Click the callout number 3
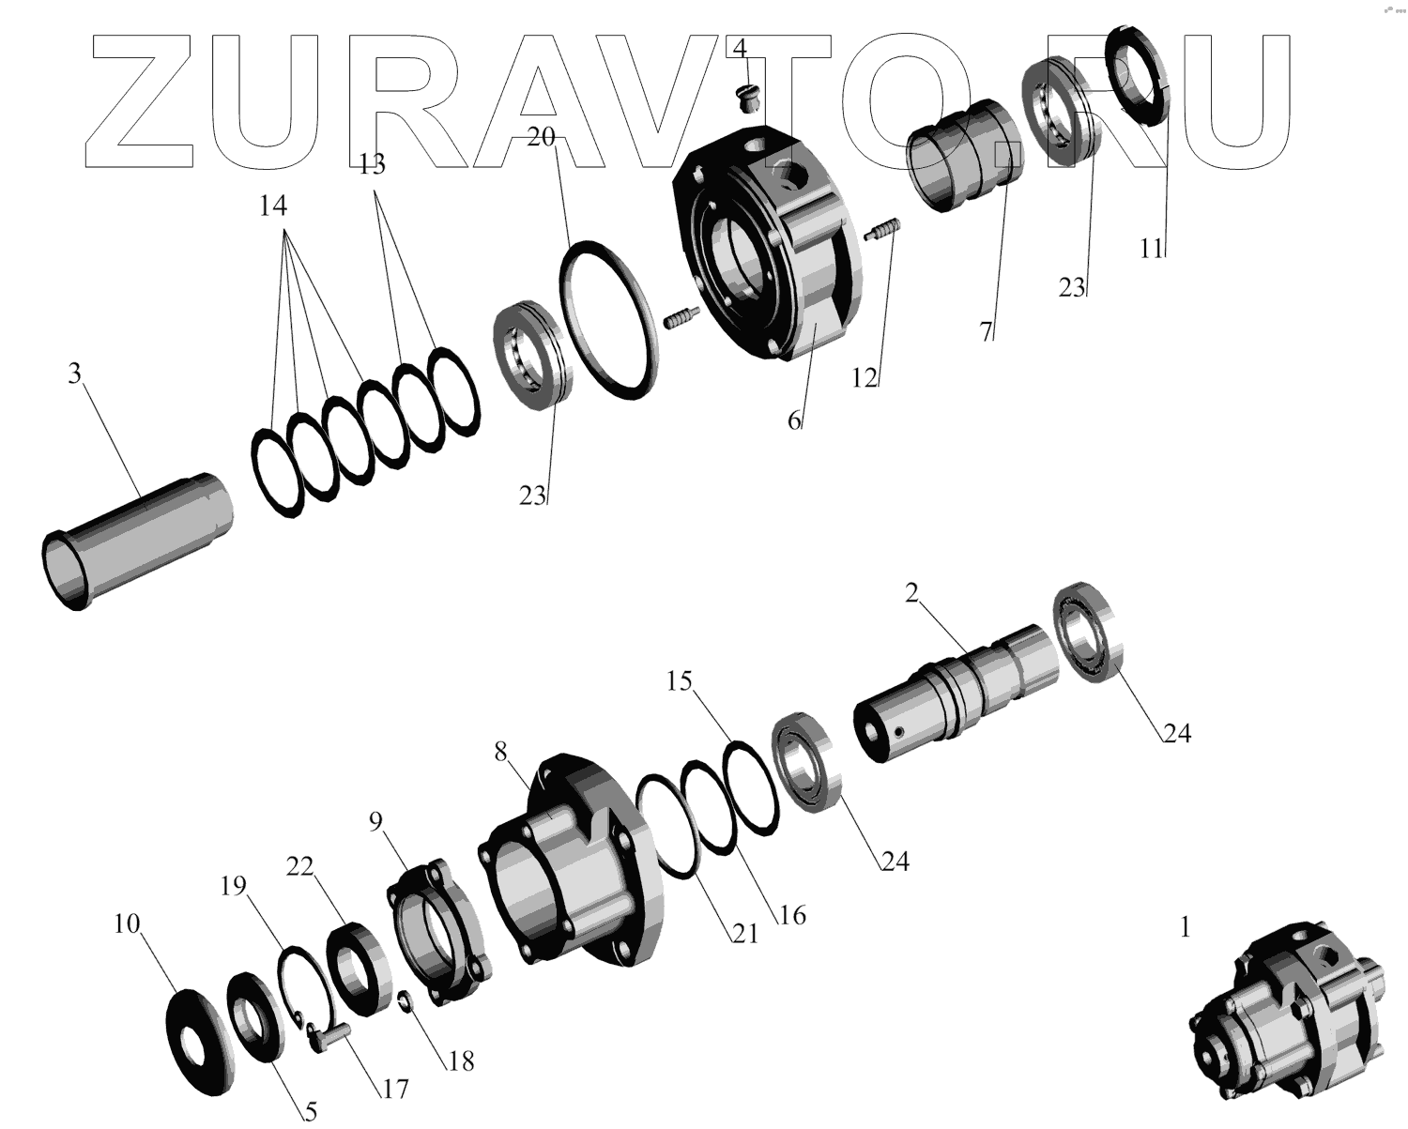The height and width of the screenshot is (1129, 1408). [74, 374]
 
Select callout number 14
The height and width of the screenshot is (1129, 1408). [273, 206]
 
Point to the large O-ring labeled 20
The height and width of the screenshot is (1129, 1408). [609, 320]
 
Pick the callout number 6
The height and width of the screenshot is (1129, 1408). [794, 420]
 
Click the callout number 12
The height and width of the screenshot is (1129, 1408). [865, 377]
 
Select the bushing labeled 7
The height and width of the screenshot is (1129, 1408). [964, 156]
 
